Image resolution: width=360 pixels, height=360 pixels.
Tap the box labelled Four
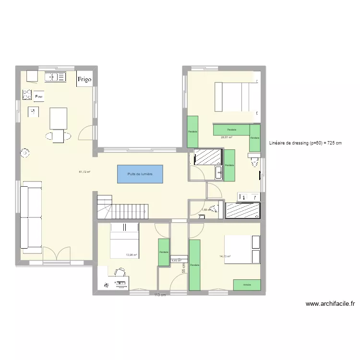[39, 96]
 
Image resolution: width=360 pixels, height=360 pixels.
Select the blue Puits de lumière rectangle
[140, 174]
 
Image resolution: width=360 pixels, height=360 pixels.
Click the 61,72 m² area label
[84, 172]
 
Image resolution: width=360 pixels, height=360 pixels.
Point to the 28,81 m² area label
[226, 137]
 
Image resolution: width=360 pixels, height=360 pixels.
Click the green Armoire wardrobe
[247, 285]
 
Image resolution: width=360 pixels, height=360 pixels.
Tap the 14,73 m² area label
[225, 256]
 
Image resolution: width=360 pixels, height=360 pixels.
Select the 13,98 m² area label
[131, 255]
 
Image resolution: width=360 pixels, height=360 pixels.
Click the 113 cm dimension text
[160, 295]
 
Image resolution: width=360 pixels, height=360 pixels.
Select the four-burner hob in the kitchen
[27, 95]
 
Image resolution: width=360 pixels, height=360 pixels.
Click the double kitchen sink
[56, 76]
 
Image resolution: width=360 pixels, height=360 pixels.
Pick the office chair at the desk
[117, 273]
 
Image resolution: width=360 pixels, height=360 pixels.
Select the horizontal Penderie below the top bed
[231, 130]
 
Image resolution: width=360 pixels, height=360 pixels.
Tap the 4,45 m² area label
[176, 261]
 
